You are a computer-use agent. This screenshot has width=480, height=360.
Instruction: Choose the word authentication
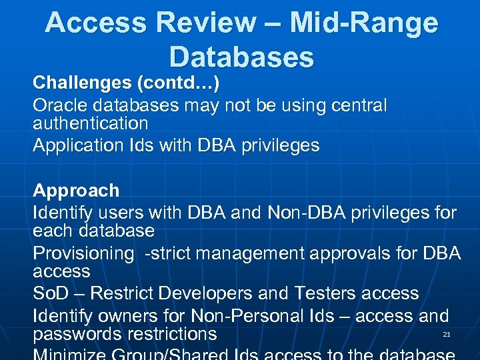pos(91,123)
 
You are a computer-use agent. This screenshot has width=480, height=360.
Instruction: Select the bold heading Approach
pos(76,191)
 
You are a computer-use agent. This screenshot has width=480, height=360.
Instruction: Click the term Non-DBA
pos(305,213)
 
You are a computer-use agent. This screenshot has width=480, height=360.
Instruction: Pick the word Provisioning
pos(83,254)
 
